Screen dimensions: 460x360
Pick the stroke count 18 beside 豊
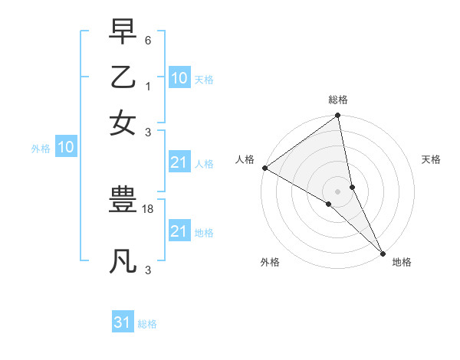coord(148,209)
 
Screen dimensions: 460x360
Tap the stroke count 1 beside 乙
coord(147,85)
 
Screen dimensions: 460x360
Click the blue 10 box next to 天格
coord(179,77)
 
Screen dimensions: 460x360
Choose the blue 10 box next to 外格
coord(66,147)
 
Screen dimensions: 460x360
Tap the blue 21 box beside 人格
coord(179,162)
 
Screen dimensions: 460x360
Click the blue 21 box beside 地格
coord(179,231)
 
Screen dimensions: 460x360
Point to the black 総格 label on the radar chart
coord(338,100)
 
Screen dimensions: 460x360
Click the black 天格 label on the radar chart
coord(431,159)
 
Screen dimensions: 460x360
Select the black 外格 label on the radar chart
coord(270,262)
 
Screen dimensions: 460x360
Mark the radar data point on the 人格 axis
coord(264,168)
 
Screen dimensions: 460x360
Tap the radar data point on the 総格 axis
coord(338,116)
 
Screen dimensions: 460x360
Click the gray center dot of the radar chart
coord(338,191)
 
